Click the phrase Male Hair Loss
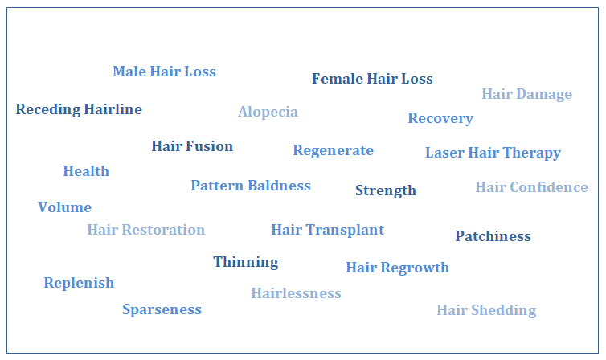click(x=164, y=72)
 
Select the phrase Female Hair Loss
click(x=372, y=79)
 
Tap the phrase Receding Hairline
click(x=79, y=109)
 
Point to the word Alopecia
click(x=268, y=112)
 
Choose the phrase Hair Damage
click(x=526, y=94)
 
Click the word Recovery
click(x=440, y=118)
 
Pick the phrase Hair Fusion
click(x=192, y=146)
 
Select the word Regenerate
click(x=333, y=150)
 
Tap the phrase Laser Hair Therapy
click(x=493, y=153)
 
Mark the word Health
click(x=86, y=171)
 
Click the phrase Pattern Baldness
click(x=251, y=186)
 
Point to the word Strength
click(x=386, y=190)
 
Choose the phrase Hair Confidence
click(x=531, y=187)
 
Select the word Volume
click(x=64, y=207)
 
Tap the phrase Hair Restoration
click(x=145, y=230)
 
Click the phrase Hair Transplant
click(x=327, y=230)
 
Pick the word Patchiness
click(x=493, y=236)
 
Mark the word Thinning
click(x=245, y=262)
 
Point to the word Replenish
click(x=79, y=283)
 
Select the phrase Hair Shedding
click(x=485, y=310)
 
